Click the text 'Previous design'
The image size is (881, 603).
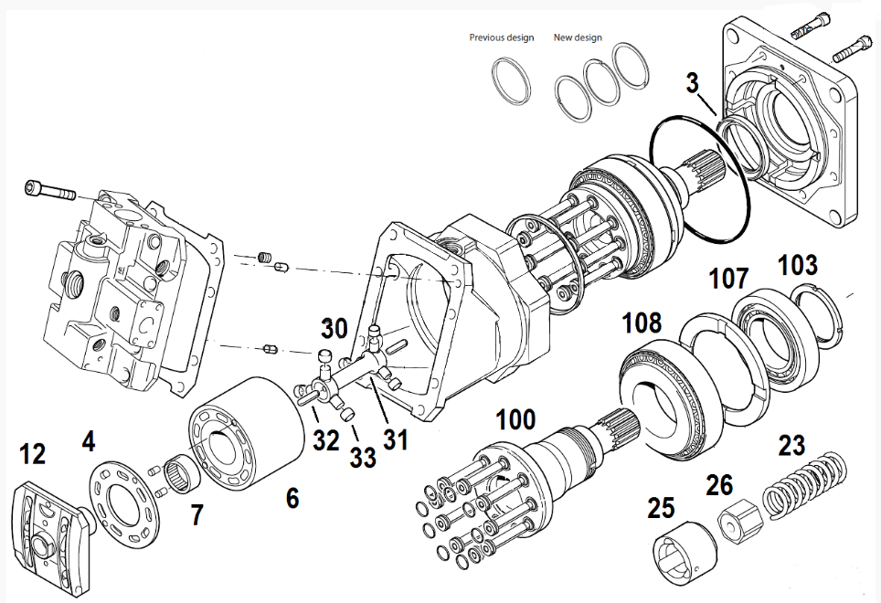[x=501, y=37]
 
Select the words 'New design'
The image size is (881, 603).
[x=578, y=37]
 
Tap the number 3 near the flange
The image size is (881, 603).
[x=697, y=83]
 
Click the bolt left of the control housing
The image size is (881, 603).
[x=50, y=191]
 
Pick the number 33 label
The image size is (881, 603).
[x=363, y=458]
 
